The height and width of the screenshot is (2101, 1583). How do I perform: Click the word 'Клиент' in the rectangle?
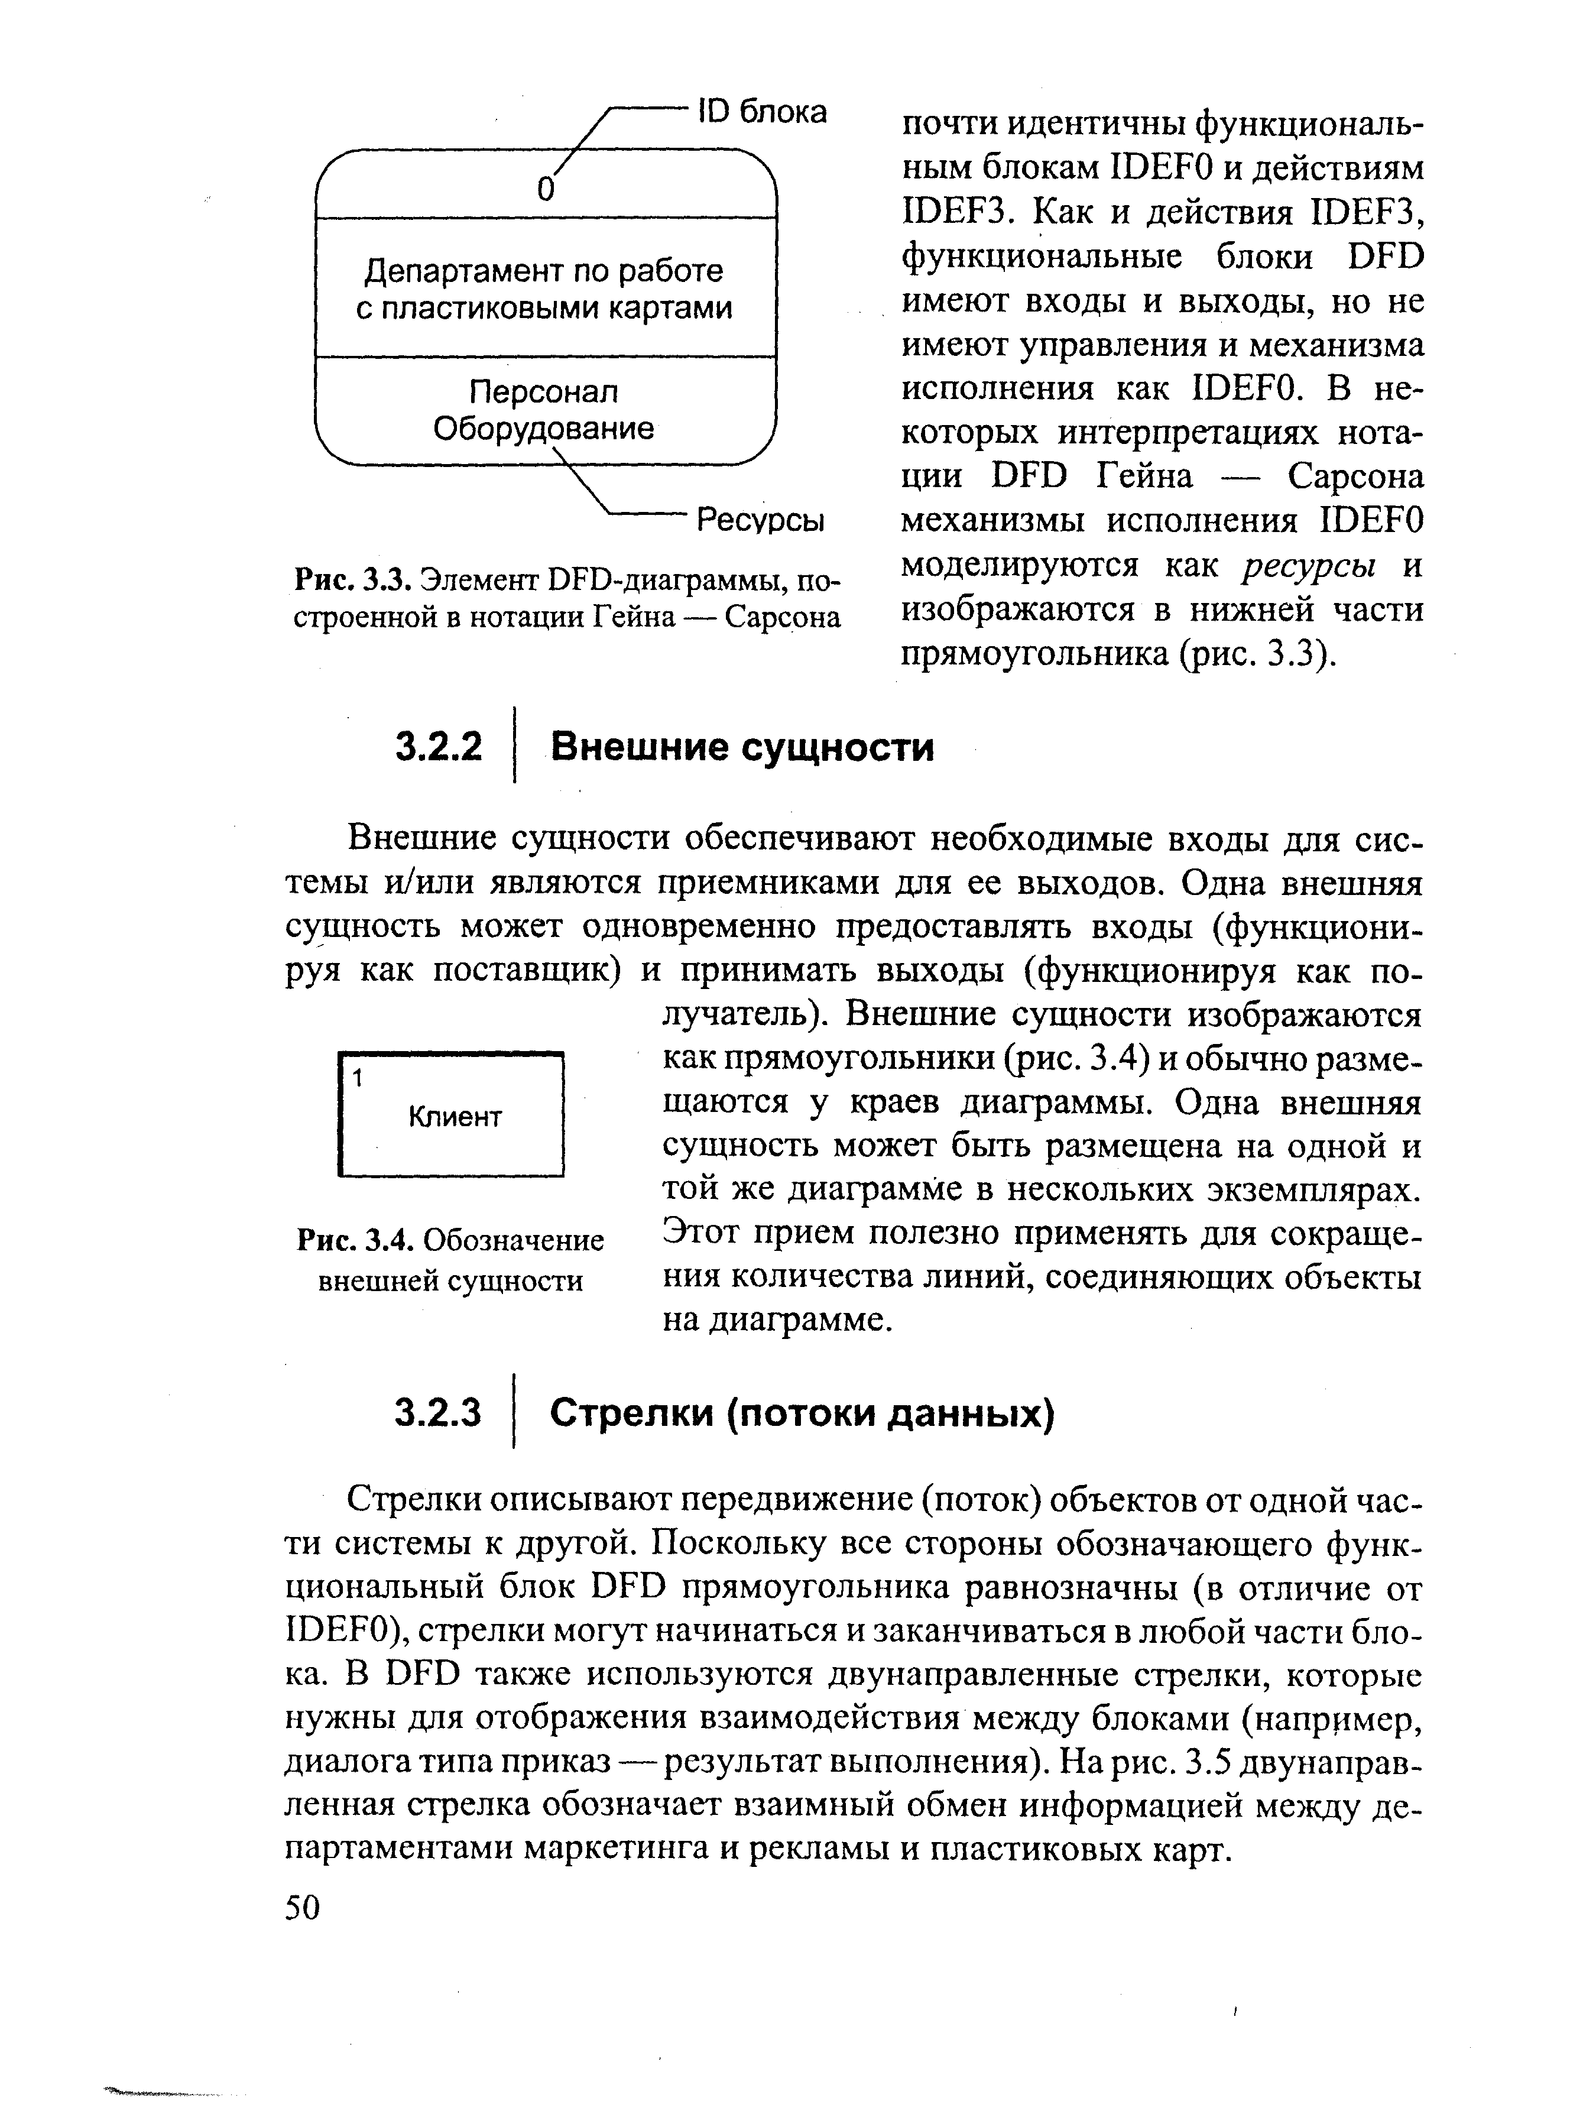(455, 1117)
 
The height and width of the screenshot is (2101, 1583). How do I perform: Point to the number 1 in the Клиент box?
(357, 1079)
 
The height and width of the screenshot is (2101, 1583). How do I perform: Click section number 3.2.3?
(439, 1414)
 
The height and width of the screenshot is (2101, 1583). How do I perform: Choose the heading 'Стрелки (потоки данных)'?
(802, 1414)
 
